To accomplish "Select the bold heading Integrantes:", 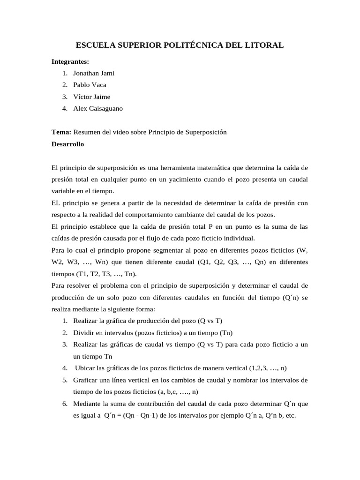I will (x=70, y=61).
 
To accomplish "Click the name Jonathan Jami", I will (x=94, y=73).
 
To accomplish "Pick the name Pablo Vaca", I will (x=90, y=85).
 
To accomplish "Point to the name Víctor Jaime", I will (x=92, y=97).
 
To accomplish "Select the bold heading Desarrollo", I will (x=67, y=144).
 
